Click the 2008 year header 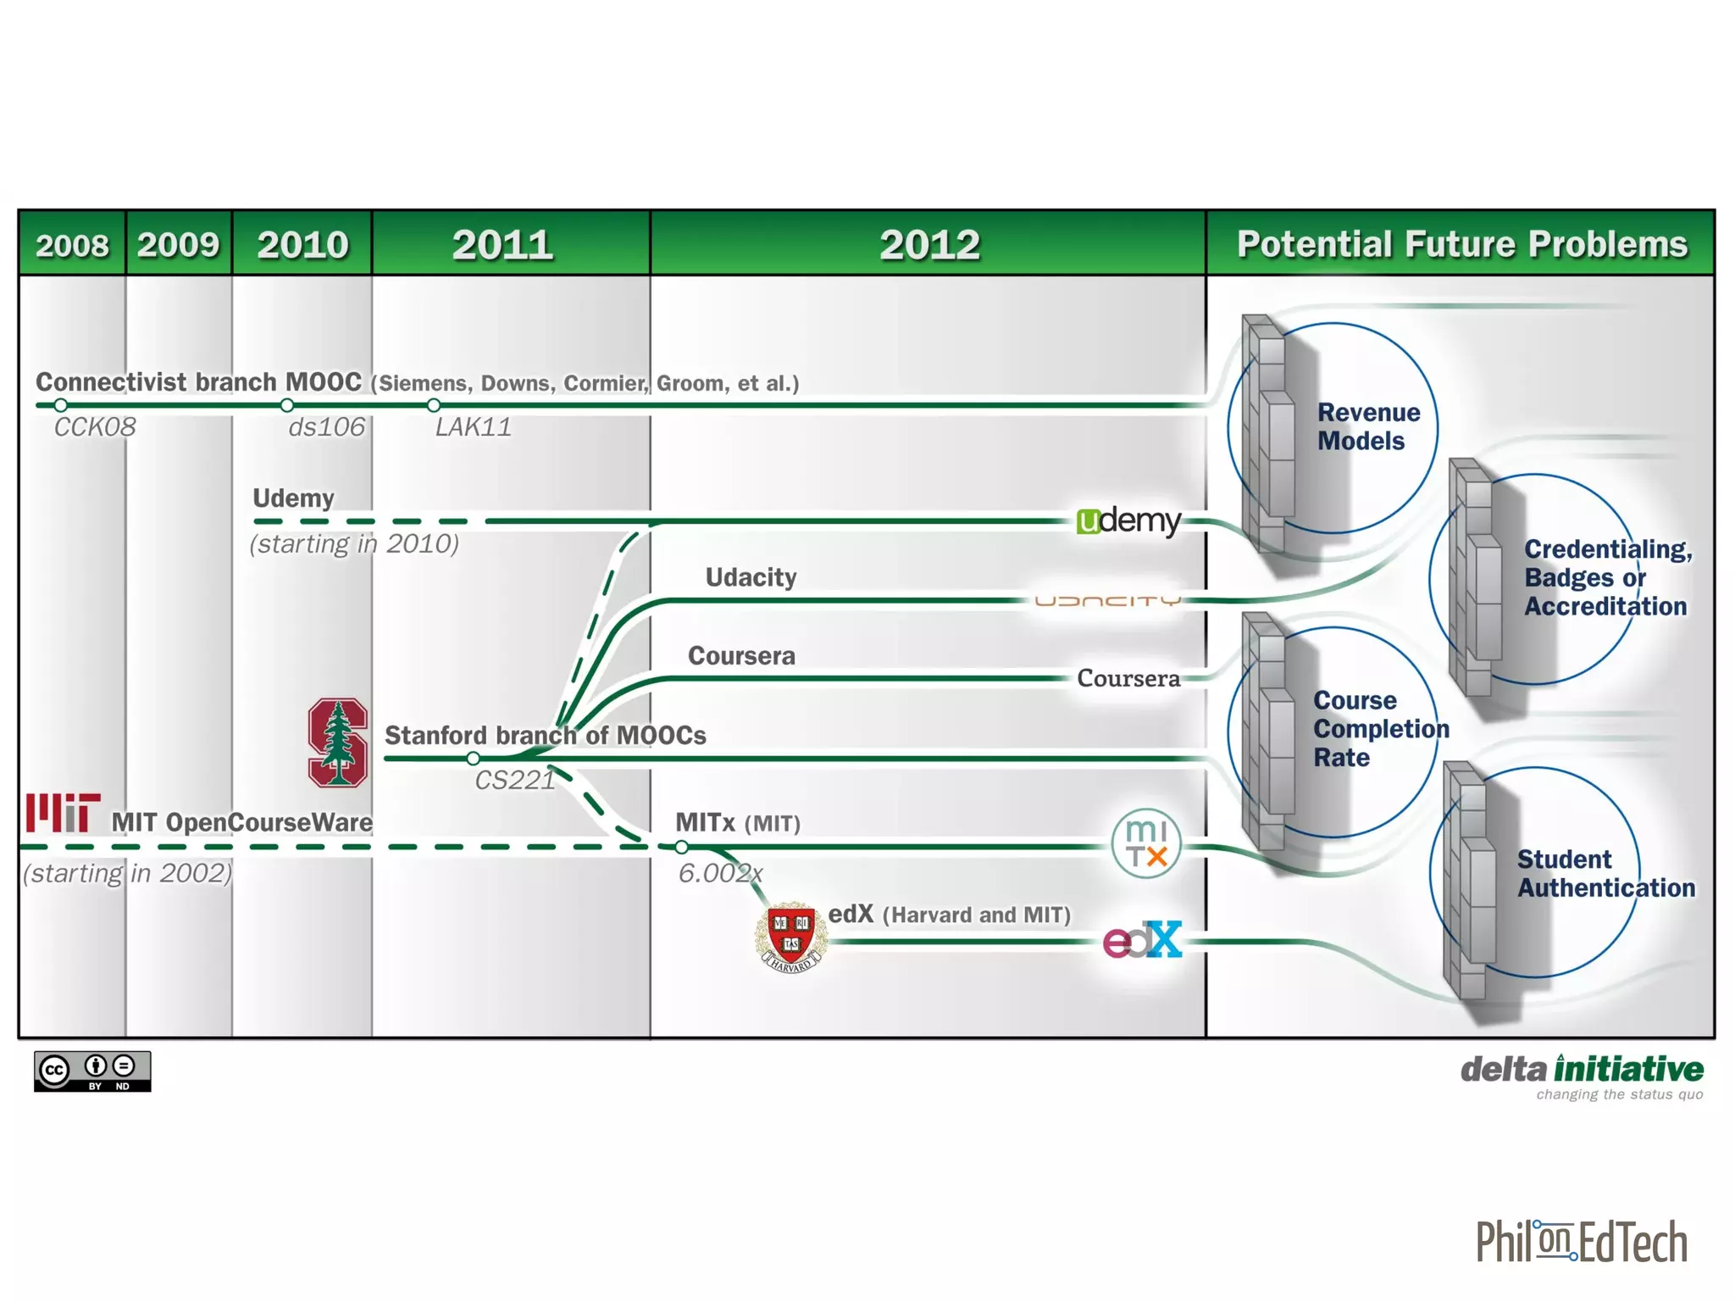(x=72, y=245)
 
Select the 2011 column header (x=502, y=245)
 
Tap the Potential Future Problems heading (x=1461, y=244)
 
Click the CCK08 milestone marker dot (x=61, y=405)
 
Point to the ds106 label (x=326, y=426)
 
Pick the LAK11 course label (x=473, y=426)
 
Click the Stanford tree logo (x=337, y=743)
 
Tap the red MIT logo (x=64, y=812)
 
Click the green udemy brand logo (x=1128, y=520)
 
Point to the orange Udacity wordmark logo (x=1107, y=601)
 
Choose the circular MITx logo (x=1145, y=843)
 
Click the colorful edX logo (x=1142, y=940)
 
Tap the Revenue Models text (x=1367, y=426)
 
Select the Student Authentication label (x=1605, y=873)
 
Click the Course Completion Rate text (x=1379, y=728)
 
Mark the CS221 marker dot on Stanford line (x=474, y=758)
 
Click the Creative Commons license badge (x=92, y=1071)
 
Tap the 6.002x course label (x=720, y=872)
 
